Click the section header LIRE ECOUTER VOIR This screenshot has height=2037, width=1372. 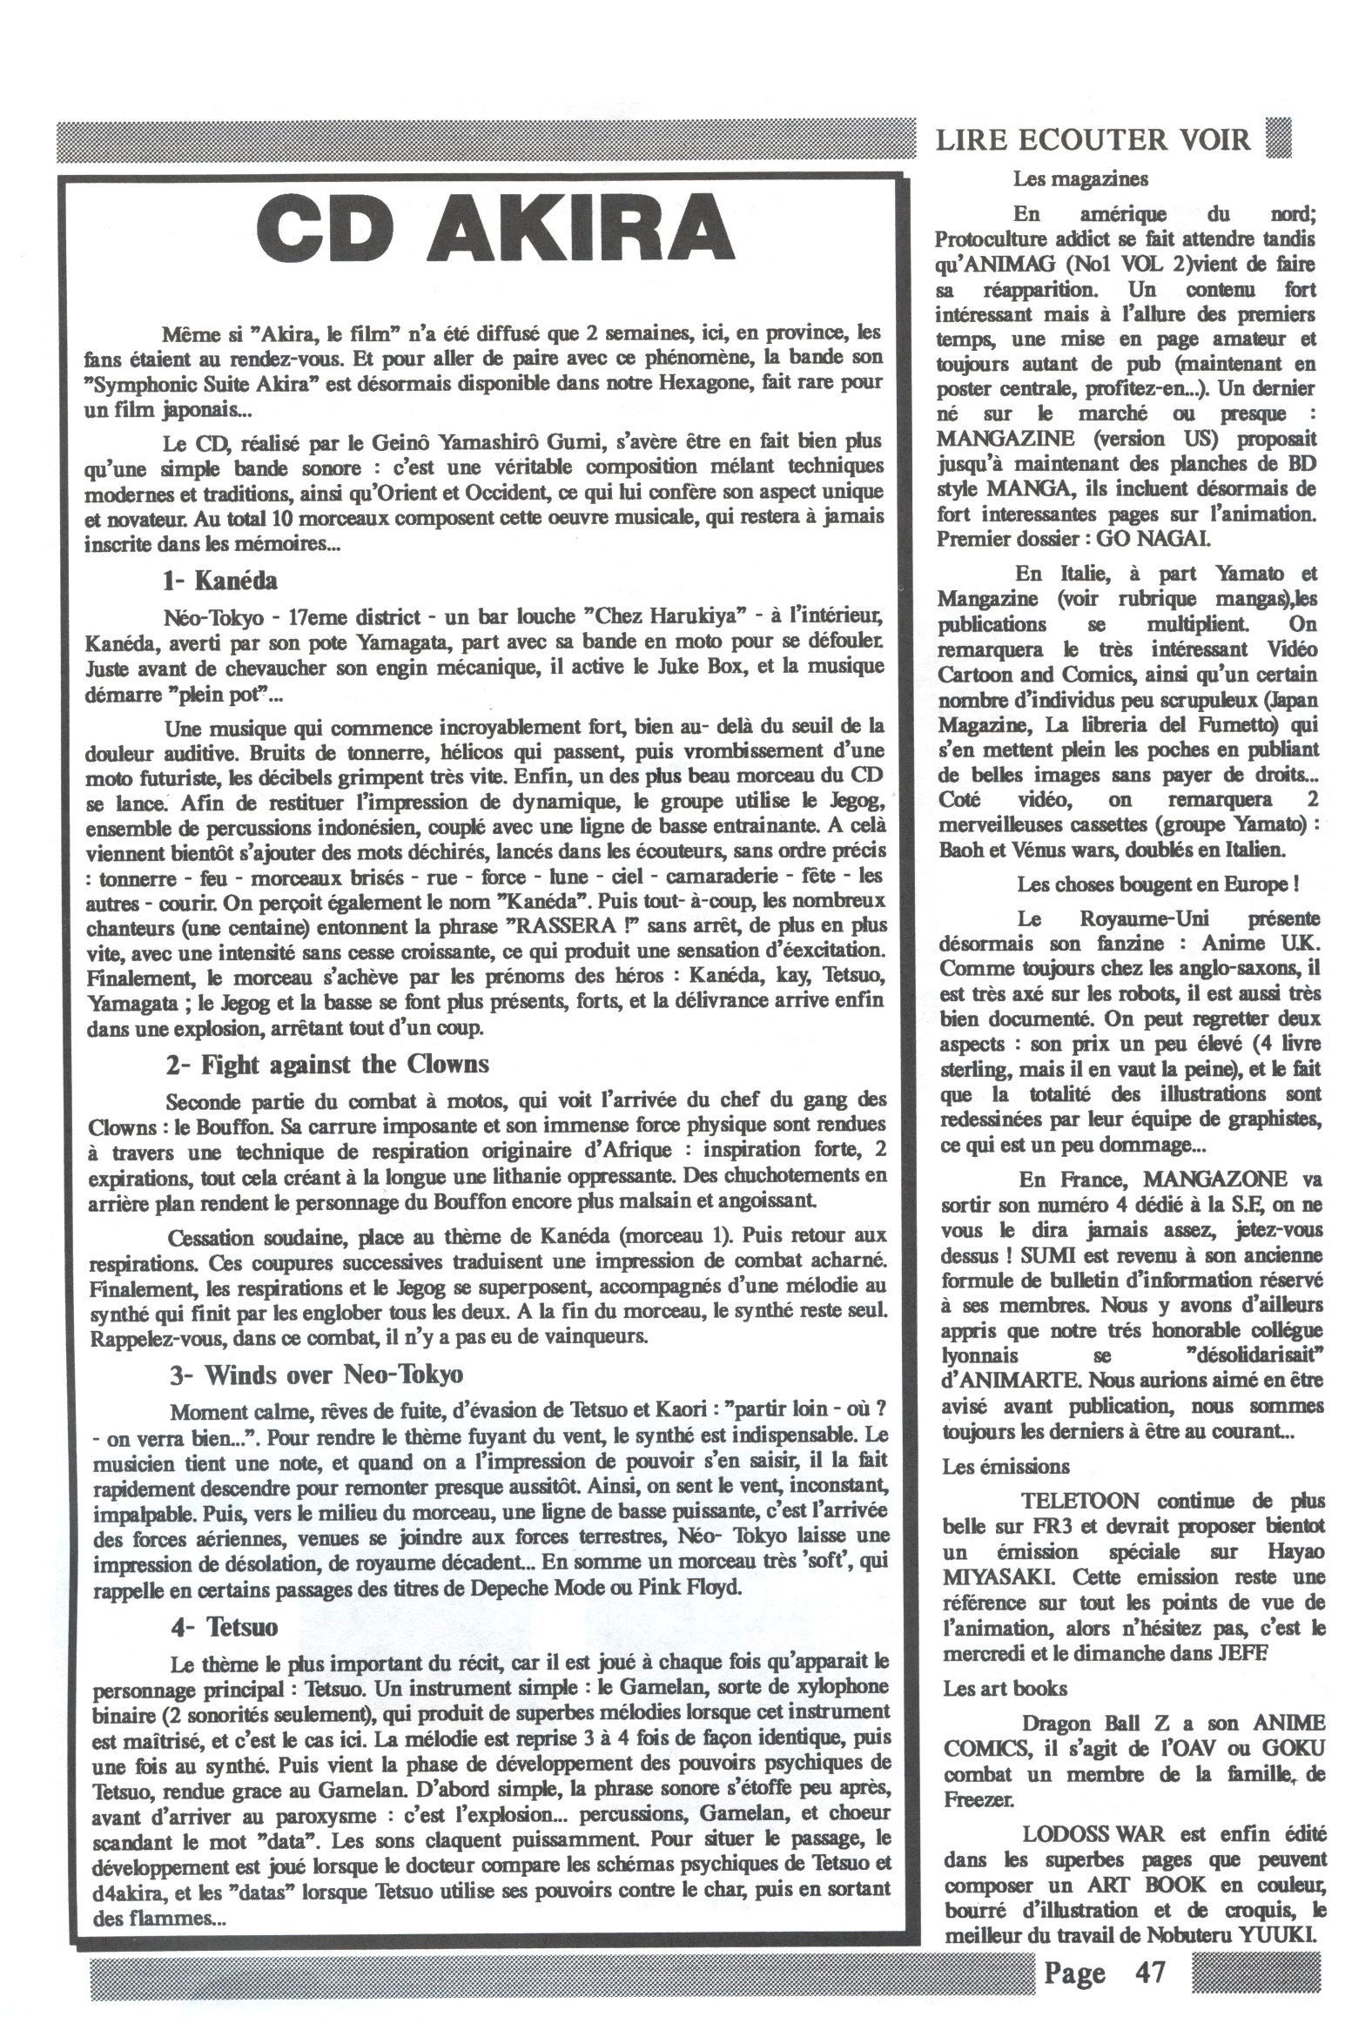[x=1093, y=140]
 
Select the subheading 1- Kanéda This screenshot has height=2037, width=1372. [x=219, y=580]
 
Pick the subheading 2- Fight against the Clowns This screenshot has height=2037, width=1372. [x=327, y=1065]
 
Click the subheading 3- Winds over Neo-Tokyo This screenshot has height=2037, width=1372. [x=316, y=1375]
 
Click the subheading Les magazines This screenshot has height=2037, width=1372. [x=1079, y=179]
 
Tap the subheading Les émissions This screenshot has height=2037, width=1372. [x=1005, y=1467]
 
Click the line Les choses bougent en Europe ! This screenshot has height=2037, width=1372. [x=1157, y=884]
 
